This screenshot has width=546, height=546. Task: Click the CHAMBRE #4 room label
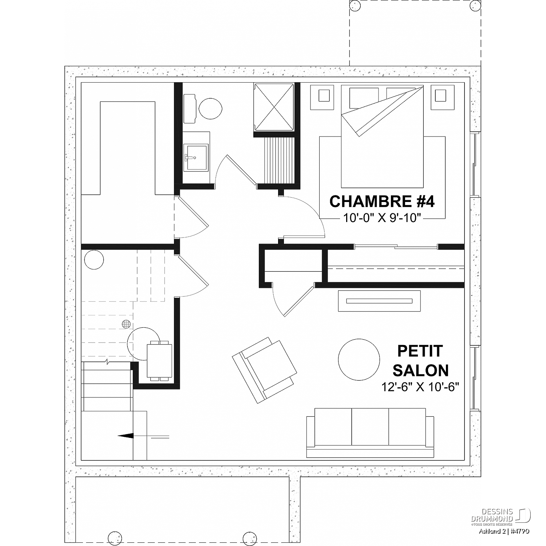pyautogui.click(x=382, y=201)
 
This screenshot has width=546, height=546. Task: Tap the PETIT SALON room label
pyautogui.click(x=420, y=361)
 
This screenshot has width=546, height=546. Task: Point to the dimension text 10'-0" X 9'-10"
pyautogui.click(x=382, y=218)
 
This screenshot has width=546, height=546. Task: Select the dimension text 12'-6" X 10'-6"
pyautogui.click(x=420, y=387)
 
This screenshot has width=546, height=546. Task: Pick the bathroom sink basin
pyautogui.click(x=196, y=157)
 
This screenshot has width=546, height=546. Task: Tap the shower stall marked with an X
pyautogui.click(x=274, y=107)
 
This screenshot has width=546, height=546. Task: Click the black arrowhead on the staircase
pyautogui.click(x=126, y=435)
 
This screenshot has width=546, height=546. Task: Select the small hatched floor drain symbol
pyautogui.click(x=126, y=324)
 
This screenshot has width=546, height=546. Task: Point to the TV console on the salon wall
pyautogui.click(x=379, y=301)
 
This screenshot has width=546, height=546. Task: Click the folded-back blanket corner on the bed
pyautogui.click(x=382, y=111)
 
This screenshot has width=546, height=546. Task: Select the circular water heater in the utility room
pyautogui.click(x=94, y=260)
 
